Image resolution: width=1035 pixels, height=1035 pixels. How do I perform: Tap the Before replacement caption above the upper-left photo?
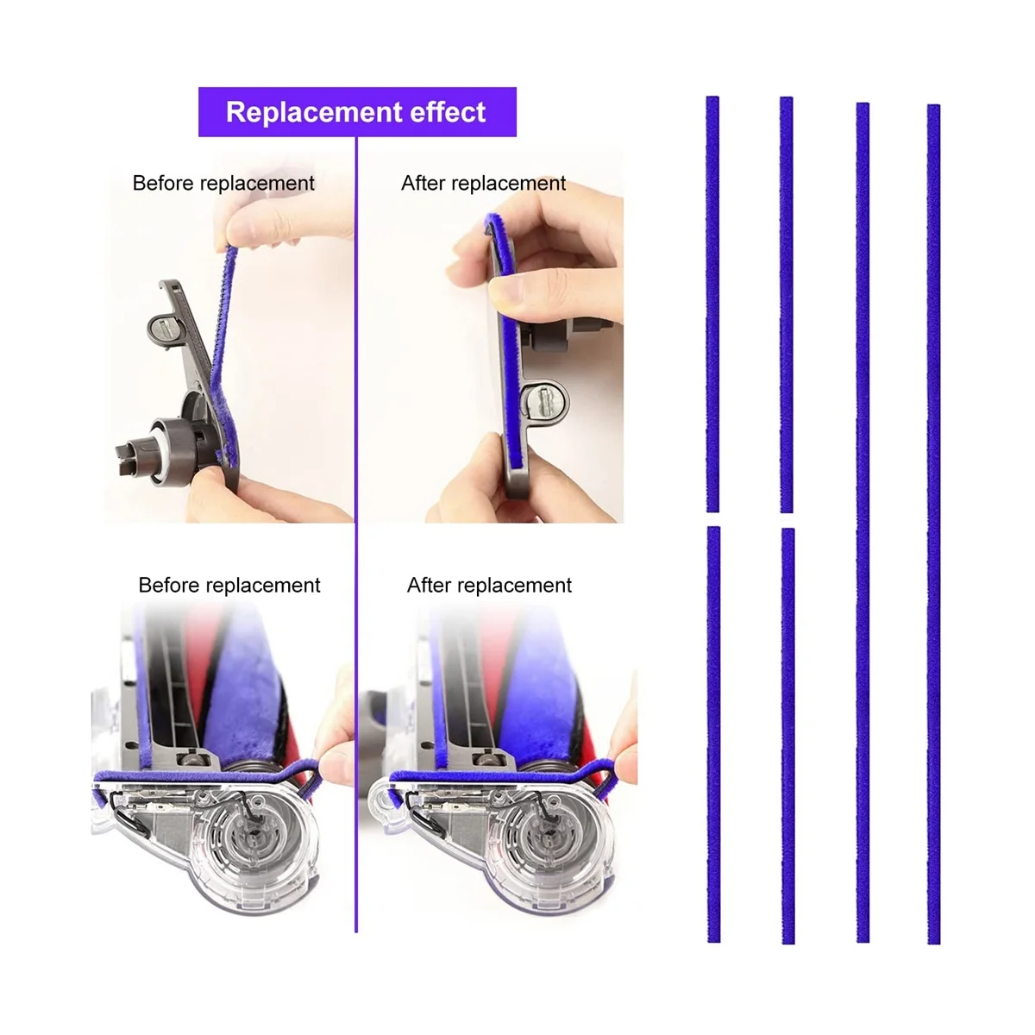[223, 184]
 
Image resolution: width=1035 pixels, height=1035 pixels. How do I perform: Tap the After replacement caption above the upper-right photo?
[483, 184]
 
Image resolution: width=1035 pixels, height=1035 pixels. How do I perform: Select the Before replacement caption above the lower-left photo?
[229, 586]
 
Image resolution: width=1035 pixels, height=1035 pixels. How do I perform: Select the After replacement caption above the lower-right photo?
[489, 586]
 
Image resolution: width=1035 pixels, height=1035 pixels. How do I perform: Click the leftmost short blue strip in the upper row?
[712, 302]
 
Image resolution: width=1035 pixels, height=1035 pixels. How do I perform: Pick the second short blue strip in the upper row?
[787, 302]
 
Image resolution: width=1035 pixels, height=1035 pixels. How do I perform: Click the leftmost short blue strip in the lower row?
[713, 733]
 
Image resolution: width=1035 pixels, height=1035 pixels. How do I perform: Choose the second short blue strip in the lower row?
[787, 733]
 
